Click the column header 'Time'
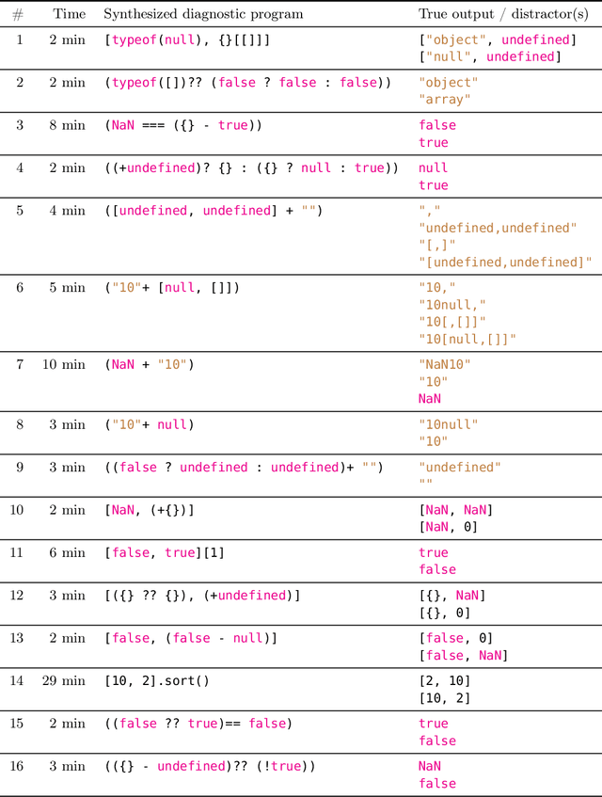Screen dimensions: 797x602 point(69,14)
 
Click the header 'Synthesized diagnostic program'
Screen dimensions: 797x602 point(203,14)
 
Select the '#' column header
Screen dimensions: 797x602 point(18,14)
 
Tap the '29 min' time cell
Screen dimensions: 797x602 point(64,680)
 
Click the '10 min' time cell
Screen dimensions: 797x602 point(64,364)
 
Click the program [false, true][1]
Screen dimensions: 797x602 point(165,552)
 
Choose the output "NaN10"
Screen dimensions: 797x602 point(445,364)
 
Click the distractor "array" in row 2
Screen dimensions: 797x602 point(445,100)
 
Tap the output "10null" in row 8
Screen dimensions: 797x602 point(449,424)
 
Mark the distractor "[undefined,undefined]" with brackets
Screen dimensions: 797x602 point(505,262)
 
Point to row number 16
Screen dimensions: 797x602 point(18,766)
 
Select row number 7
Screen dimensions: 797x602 point(18,364)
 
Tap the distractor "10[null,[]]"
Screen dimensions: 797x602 point(467,339)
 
